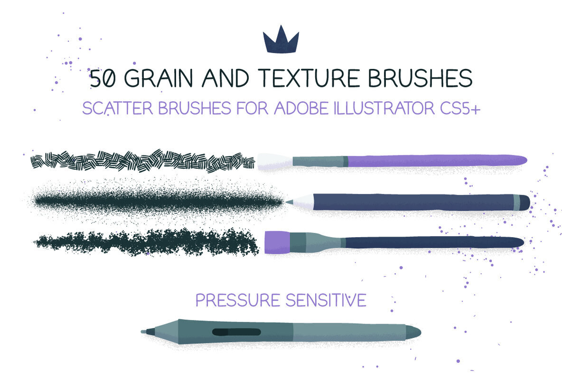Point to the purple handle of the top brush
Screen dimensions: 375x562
click(437, 161)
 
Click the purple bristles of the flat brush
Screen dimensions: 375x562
click(277, 241)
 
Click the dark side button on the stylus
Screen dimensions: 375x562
click(236, 332)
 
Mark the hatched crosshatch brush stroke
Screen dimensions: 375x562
click(142, 161)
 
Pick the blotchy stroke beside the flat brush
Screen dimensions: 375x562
click(147, 242)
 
